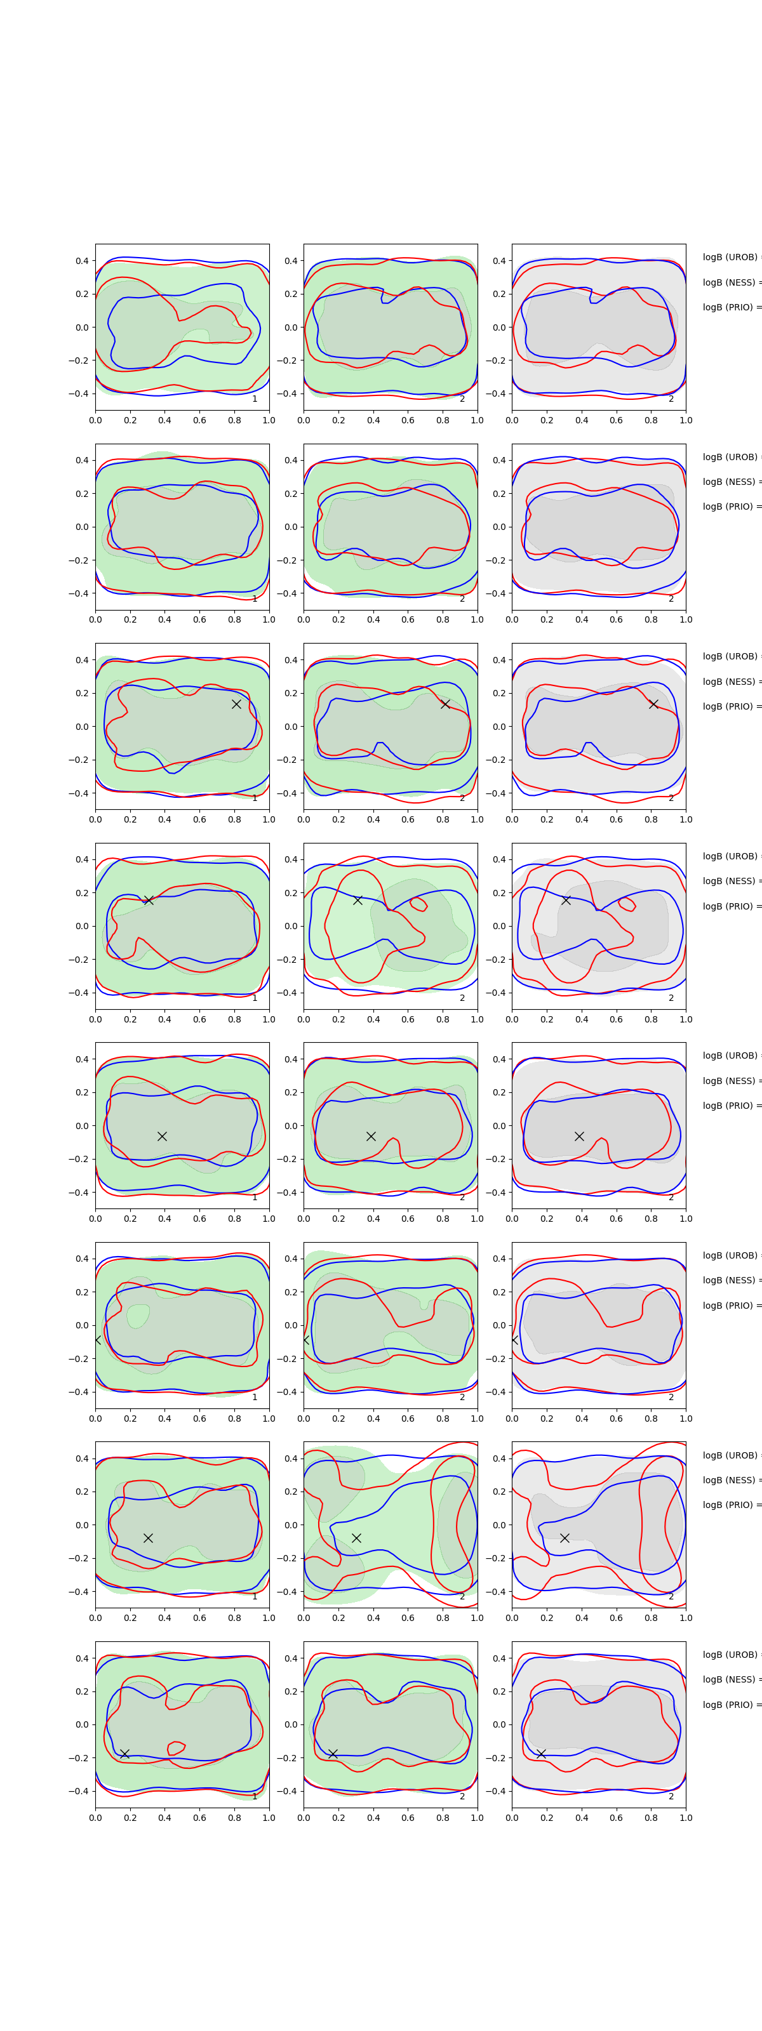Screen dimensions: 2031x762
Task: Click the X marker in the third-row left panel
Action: [236, 704]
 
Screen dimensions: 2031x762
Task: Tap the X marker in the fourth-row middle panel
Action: [358, 899]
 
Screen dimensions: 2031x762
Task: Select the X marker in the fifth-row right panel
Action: [579, 1136]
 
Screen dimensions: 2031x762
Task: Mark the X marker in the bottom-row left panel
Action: [124, 1754]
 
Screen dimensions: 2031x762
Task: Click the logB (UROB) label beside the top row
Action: [730, 258]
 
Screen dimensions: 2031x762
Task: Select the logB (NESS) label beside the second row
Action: [730, 482]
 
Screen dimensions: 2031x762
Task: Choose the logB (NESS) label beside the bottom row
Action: [730, 1679]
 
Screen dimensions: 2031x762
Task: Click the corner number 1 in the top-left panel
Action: [255, 399]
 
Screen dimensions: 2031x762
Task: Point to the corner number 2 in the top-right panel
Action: [671, 399]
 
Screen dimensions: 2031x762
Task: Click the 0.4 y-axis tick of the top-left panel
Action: [82, 261]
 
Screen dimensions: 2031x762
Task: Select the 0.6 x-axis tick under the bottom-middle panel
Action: [408, 1817]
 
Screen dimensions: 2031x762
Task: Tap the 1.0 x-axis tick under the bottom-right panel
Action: [686, 1817]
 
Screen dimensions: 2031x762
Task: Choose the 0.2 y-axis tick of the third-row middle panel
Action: [290, 694]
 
